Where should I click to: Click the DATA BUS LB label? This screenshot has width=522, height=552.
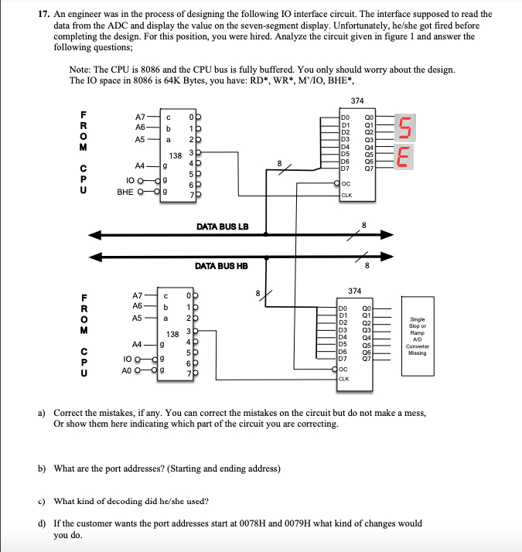[222, 226]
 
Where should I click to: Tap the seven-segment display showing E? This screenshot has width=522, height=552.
[404, 158]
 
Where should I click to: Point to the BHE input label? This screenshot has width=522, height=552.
[125, 189]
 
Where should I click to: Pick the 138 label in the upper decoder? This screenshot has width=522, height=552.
[176, 155]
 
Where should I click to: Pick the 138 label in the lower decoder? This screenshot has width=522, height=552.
[175, 335]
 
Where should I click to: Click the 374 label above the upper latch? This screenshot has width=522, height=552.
[357, 101]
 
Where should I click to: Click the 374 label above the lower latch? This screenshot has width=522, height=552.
[353, 291]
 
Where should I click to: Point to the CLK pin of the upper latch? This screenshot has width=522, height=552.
[347, 195]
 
